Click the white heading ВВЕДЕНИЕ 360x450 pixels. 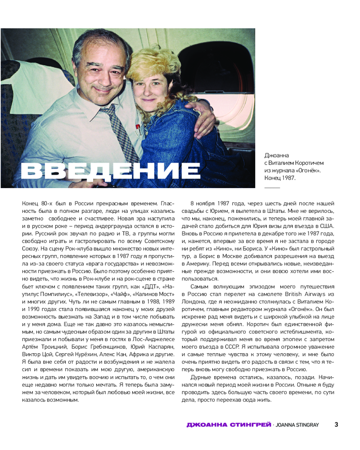pyautogui.click(x=111, y=171)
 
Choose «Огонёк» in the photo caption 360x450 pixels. pyautogui.click(x=310, y=170)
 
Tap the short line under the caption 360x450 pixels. pyautogui.click(x=271, y=187)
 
